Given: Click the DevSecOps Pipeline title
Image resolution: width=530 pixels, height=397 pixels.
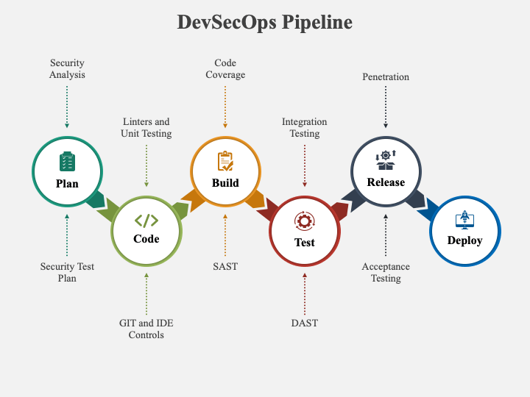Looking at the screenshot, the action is pyautogui.click(x=265, y=22).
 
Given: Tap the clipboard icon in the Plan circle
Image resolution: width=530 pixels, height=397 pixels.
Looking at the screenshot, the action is pyautogui.click(x=67, y=161).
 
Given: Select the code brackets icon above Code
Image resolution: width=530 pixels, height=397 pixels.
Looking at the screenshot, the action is pyautogui.click(x=146, y=221).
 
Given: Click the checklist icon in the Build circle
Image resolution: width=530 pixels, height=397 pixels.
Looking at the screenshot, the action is pyautogui.click(x=225, y=161).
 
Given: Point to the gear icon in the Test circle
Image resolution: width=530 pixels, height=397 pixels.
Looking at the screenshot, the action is pyautogui.click(x=305, y=221).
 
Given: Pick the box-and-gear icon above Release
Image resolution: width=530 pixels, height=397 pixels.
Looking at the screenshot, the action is pyautogui.click(x=386, y=160).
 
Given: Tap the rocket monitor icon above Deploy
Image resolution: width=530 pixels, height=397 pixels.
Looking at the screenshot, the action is pyautogui.click(x=464, y=219).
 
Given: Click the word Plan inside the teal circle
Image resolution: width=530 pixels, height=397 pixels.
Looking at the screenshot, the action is pyautogui.click(x=67, y=184).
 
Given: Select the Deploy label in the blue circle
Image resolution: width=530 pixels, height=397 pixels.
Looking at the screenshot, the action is pyautogui.click(x=464, y=240).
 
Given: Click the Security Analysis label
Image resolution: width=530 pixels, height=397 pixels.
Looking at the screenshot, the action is pyautogui.click(x=67, y=68).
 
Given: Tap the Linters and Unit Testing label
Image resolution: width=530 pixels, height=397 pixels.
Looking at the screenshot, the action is pyautogui.click(x=146, y=127).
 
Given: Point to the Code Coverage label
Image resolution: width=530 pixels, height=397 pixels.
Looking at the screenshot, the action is pyautogui.click(x=225, y=68).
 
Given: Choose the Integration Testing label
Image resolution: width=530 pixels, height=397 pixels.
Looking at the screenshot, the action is pyautogui.click(x=305, y=127).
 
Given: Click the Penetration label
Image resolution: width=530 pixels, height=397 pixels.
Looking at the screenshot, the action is pyautogui.click(x=386, y=77).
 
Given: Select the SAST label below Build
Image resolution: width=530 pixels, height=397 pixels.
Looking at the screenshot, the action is pyautogui.click(x=225, y=266).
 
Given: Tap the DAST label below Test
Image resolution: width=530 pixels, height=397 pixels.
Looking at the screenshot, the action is pyautogui.click(x=305, y=323).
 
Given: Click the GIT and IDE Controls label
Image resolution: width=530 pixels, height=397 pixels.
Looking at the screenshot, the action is pyautogui.click(x=146, y=329).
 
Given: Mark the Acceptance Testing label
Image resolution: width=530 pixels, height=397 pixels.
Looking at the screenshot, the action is pyautogui.click(x=386, y=273).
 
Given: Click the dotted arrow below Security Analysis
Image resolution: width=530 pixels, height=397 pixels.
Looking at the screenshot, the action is pyautogui.click(x=67, y=107).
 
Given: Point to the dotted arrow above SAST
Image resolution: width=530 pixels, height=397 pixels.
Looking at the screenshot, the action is pyautogui.click(x=225, y=235).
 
